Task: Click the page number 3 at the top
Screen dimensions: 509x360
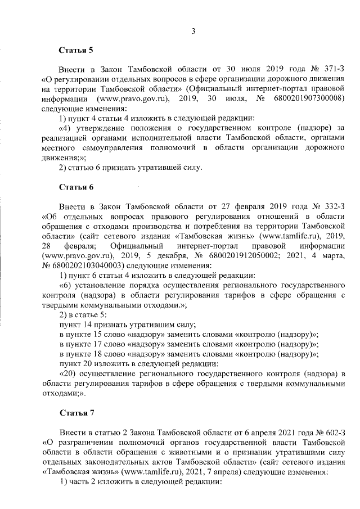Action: pos(192,31)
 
